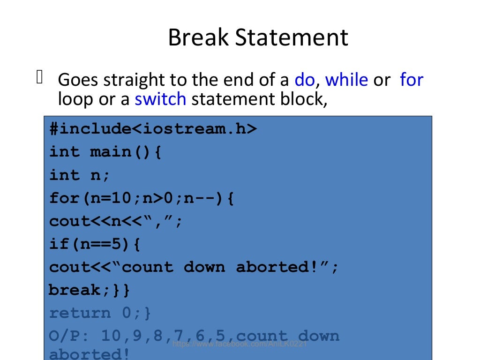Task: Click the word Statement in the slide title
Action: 292,38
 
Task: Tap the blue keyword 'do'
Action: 304,80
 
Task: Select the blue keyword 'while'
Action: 346,80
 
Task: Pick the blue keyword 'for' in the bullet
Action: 411,80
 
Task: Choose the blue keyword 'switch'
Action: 160,99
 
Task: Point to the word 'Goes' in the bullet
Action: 78,81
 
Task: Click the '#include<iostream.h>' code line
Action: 153,129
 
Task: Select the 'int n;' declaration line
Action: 79,175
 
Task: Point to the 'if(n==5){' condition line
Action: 95,244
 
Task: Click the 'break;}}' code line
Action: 90,291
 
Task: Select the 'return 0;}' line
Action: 100,313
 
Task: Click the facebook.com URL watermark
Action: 239,345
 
